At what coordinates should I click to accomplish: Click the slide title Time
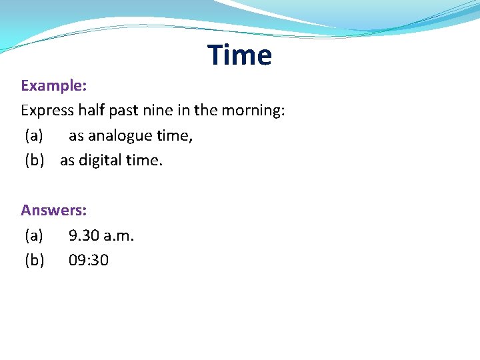[239, 55]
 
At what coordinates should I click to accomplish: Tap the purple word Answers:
[54, 210]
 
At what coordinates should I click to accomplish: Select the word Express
[47, 111]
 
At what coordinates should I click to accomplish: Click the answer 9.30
[85, 235]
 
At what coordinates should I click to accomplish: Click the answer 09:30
[89, 260]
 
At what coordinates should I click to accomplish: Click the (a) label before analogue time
[34, 136]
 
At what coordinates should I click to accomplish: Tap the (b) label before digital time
[35, 161]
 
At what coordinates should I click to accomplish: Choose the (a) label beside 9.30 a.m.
[34, 235]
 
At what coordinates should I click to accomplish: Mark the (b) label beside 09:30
[35, 260]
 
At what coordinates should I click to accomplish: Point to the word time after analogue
[175, 136]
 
